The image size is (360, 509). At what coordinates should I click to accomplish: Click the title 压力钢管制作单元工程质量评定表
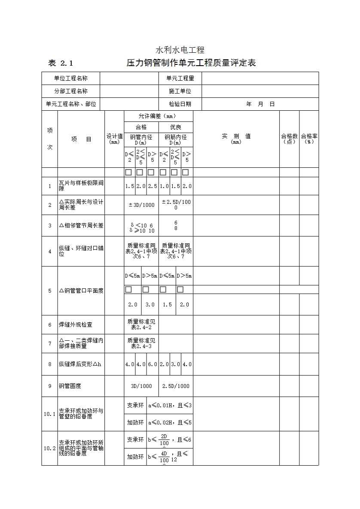(x=191, y=63)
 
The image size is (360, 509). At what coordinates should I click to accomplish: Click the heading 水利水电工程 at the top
(x=180, y=50)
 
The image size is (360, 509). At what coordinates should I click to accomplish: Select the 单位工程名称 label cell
(x=71, y=78)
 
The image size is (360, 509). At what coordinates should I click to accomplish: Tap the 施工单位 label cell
(x=180, y=91)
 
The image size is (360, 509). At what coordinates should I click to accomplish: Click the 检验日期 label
(x=180, y=104)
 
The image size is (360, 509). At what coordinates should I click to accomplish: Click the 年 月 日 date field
(x=260, y=104)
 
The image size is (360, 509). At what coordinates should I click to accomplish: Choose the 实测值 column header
(x=236, y=138)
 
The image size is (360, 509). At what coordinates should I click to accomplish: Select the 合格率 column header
(x=309, y=138)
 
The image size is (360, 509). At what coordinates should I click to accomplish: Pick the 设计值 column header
(x=114, y=138)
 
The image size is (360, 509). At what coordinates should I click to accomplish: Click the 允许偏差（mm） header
(x=158, y=116)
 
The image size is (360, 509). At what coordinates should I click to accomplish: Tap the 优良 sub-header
(x=176, y=127)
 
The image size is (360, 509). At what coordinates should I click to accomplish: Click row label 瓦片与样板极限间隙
(x=81, y=186)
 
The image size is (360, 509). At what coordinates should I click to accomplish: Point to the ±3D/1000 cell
(x=141, y=205)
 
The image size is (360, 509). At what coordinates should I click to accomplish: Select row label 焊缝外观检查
(x=76, y=325)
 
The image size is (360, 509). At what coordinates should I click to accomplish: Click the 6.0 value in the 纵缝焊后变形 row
(x=153, y=364)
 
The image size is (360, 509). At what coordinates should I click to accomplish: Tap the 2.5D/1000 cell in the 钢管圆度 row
(x=176, y=386)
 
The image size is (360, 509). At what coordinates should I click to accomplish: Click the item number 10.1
(x=49, y=414)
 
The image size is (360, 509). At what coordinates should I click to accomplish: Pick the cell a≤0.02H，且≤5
(x=170, y=422)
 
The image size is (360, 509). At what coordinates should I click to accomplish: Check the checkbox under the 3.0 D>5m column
(x=146, y=290)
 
